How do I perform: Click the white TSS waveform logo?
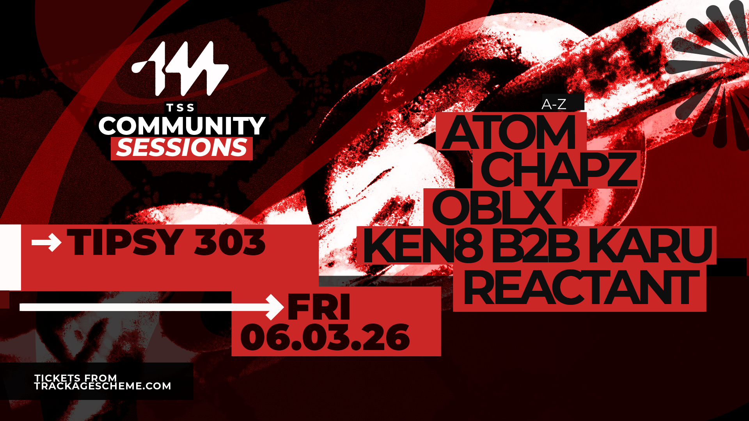(180, 69)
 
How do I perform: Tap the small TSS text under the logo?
(181, 108)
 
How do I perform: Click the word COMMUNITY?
(182, 126)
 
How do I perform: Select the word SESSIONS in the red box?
(182, 148)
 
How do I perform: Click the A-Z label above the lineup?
(554, 104)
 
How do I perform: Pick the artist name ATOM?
(509, 133)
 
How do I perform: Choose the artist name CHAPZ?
(559, 170)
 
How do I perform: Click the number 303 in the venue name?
(230, 242)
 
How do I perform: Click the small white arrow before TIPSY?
(46, 242)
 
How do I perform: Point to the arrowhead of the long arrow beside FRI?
(275, 307)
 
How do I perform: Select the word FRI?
(319, 308)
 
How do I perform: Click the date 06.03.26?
(325, 337)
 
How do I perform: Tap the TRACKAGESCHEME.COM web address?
(103, 386)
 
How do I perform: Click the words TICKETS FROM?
(76, 378)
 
